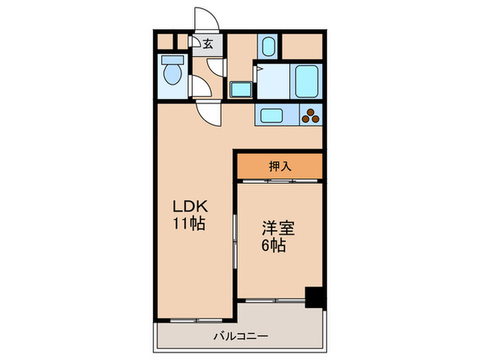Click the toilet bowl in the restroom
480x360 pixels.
click(x=171, y=73)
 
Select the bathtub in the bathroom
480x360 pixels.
click(x=306, y=82)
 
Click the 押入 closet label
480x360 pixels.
click(x=278, y=165)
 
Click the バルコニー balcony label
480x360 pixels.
click(x=239, y=336)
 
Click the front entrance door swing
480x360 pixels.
click(x=206, y=19)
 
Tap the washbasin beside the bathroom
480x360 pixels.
click(x=240, y=89)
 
